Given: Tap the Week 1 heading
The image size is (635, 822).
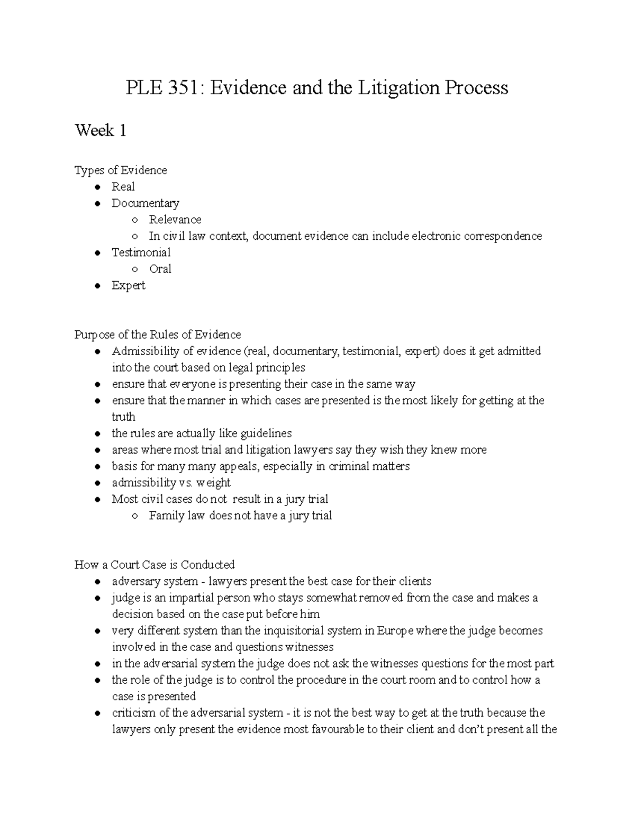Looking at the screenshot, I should (x=101, y=130).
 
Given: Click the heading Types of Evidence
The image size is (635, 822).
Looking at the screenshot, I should (x=121, y=170).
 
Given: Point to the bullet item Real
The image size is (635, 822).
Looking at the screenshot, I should (x=123, y=186).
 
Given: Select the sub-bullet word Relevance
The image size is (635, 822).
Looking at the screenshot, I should (x=175, y=219).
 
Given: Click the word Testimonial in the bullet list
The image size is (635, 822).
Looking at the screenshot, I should (x=141, y=252).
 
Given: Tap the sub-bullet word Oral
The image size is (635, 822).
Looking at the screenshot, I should (x=160, y=269).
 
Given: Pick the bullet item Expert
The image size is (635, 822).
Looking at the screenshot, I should (x=128, y=285).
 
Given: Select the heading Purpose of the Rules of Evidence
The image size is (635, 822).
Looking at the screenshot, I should (x=157, y=335).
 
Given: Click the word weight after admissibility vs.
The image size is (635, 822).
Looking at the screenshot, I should (x=214, y=483).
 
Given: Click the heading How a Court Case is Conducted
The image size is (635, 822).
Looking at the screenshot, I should (x=154, y=565).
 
